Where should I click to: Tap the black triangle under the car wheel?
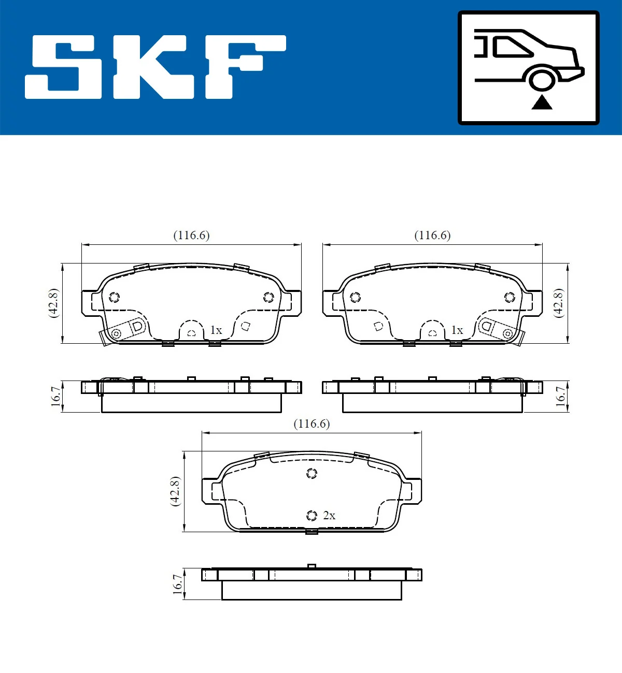pos(542,102)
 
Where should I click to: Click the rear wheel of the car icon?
pos(542,80)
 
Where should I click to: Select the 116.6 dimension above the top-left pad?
pos(191,236)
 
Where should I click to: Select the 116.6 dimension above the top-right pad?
pos(432,236)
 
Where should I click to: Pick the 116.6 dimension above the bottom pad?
pos(312,424)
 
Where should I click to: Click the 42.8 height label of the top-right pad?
pos(558,303)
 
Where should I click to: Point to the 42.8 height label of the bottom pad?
pos(175,491)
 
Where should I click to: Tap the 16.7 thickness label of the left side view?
pos(55,397)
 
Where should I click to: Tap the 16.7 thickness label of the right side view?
pos(561,397)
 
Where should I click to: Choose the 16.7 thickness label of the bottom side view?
pos(177,584)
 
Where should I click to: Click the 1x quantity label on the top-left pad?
pos(216,330)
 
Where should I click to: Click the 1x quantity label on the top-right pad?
pos(457,330)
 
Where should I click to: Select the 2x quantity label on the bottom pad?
pos(329,516)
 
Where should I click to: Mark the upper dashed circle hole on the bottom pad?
pos(312,473)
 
